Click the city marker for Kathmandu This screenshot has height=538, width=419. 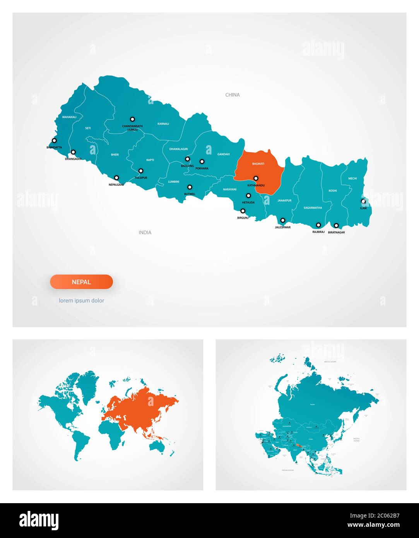tap(256, 178)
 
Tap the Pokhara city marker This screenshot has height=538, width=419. tap(202, 161)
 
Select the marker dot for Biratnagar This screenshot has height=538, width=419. tap(336, 226)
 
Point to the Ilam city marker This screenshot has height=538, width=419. tap(363, 201)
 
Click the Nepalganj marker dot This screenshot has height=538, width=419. tap(116, 178)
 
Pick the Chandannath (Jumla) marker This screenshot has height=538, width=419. tap(132, 119)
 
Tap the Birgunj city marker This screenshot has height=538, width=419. tap(243, 211)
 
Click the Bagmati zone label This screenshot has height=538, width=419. tap(258, 164)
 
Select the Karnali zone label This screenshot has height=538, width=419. tap(163, 124)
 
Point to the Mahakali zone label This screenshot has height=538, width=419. tap(69, 117)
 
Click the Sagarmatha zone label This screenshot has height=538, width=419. tap(313, 208)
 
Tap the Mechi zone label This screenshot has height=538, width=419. tap(352, 178)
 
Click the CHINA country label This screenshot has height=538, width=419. tap(233, 95)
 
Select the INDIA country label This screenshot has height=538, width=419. tap(145, 233)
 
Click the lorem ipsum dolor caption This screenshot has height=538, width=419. tap(81, 300)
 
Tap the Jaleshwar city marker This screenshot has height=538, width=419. tap(283, 220)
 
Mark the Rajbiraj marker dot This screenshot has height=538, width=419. tap(318, 225)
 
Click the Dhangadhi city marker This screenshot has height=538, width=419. tap(73, 152)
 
